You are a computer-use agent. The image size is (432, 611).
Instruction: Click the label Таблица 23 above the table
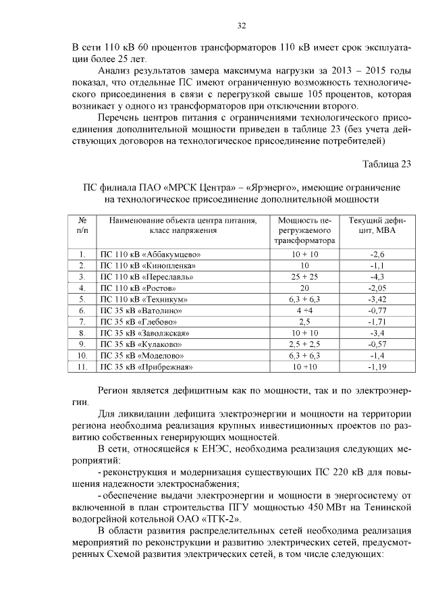point(386,164)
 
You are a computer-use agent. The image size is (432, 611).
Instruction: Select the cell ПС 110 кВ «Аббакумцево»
point(151,254)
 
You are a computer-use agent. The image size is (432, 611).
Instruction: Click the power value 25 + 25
point(304,276)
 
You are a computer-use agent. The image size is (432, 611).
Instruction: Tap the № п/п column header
point(82,225)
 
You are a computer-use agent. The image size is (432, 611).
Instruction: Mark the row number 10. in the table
point(82,355)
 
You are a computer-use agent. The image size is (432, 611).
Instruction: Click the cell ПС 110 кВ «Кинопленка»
point(148,265)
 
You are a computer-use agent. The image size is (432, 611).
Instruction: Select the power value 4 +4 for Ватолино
point(304,310)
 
